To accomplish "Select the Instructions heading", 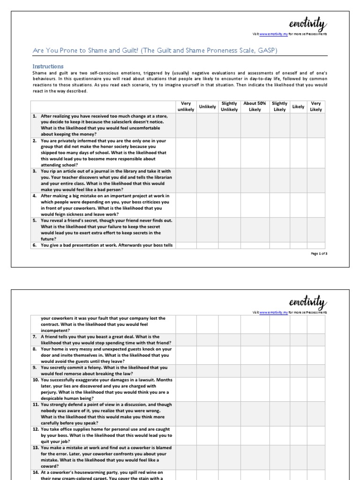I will pyautogui.click(x=48, y=67).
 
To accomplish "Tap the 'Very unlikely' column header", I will pyautogui.click(x=186, y=106).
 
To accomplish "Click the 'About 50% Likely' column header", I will pyautogui.click(x=255, y=106).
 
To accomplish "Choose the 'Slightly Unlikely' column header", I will pyautogui.click(x=230, y=106).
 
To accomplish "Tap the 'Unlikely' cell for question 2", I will pyautogui.click(x=208, y=153).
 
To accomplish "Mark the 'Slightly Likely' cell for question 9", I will pyautogui.click(x=279, y=371).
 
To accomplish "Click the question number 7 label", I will pyautogui.click(x=35, y=337).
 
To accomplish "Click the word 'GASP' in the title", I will pyautogui.click(x=266, y=51).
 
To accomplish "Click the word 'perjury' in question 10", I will pyautogui.click(x=49, y=392).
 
